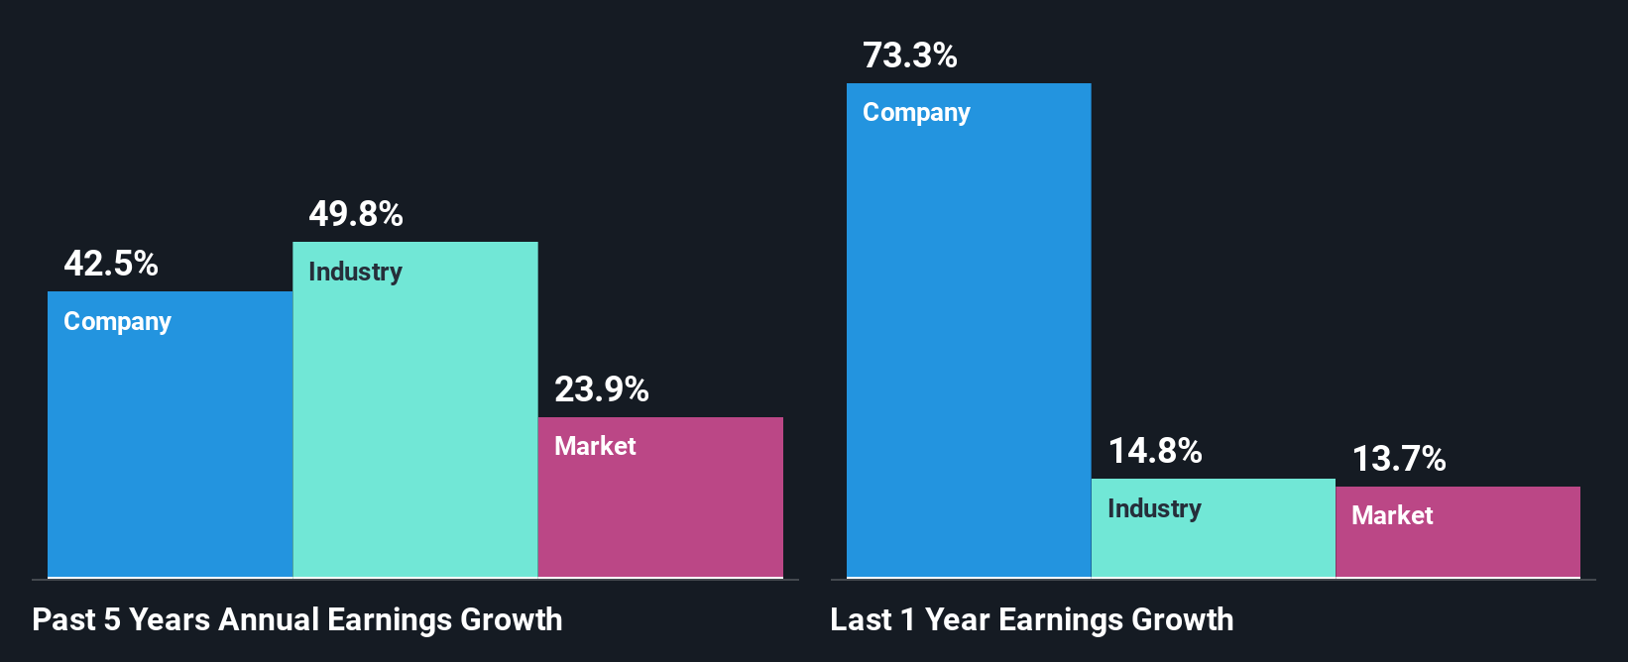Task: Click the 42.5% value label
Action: click(111, 264)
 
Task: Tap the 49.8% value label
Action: click(356, 214)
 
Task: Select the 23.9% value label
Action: click(602, 389)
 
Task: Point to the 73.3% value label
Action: click(910, 55)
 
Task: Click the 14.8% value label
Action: click(1155, 451)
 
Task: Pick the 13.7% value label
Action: click(1399, 459)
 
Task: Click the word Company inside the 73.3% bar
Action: click(916, 113)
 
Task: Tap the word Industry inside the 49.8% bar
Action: click(355, 272)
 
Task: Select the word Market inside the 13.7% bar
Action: click(1392, 515)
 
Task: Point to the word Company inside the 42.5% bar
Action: click(117, 322)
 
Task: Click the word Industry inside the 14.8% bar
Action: click(1154, 508)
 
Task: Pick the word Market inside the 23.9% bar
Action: click(595, 446)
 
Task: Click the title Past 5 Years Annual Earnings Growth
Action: click(297, 620)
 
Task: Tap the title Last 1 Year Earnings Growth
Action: click(1032, 620)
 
